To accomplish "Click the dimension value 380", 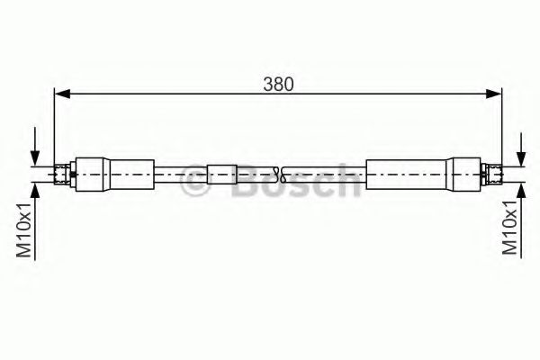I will coord(278,84).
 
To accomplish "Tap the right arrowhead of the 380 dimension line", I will coord(494,92).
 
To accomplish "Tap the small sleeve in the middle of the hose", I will coord(221,172).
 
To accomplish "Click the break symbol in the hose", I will coord(282,172).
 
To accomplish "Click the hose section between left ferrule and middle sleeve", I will coord(181,172).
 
